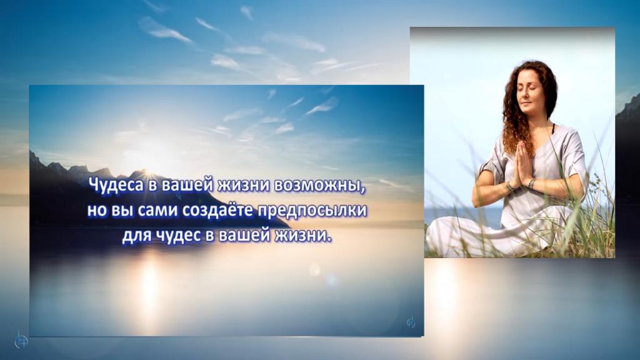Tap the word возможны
point(318,186)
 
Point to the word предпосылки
point(313,211)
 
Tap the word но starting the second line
point(96,211)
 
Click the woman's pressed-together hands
point(522,165)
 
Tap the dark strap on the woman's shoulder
point(554,129)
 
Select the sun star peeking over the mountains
point(146,171)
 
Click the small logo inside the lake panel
point(411,322)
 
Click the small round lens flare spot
point(314,270)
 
